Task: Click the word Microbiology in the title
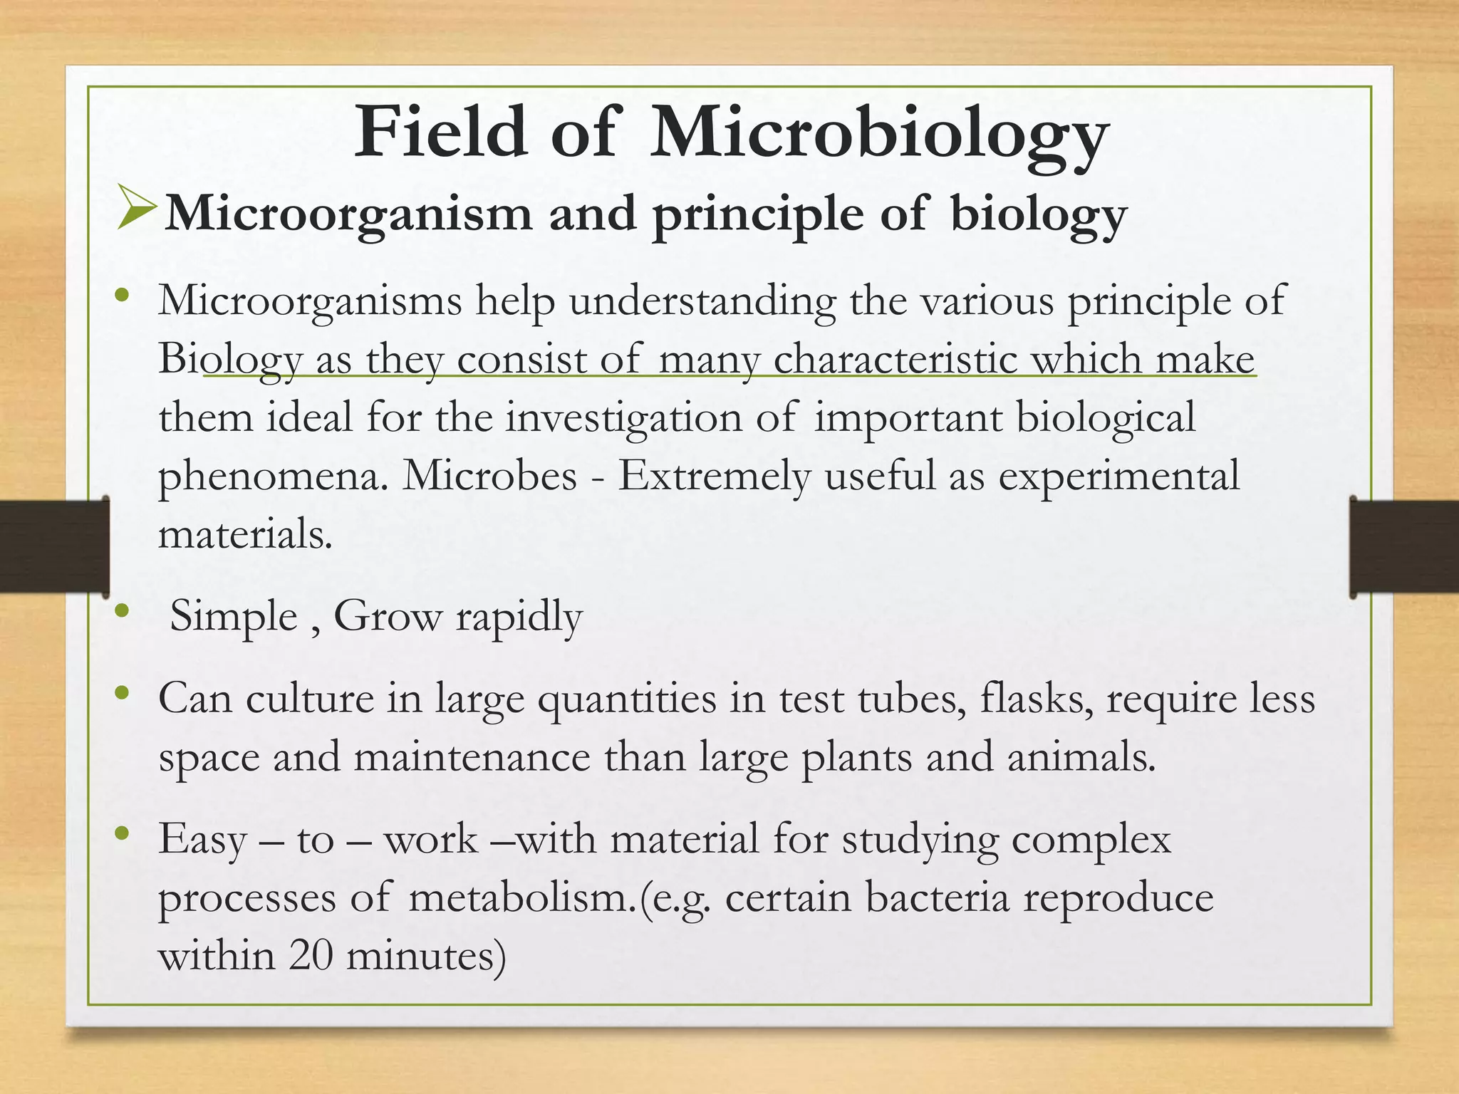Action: tap(879, 132)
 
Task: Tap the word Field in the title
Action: tap(441, 131)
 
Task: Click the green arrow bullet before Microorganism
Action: tap(136, 207)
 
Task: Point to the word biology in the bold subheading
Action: tap(1039, 214)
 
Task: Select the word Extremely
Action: tap(715, 476)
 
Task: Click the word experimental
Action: tap(1118, 476)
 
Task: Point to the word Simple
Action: tap(234, 615)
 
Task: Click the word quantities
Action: tap(627, 699)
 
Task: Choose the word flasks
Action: tap(1037, 698)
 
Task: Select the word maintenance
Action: tap(472, 756)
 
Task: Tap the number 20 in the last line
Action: tap(311, 955)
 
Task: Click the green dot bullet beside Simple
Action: tap(121, 610)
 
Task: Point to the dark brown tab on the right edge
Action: tap(1404, 546)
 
